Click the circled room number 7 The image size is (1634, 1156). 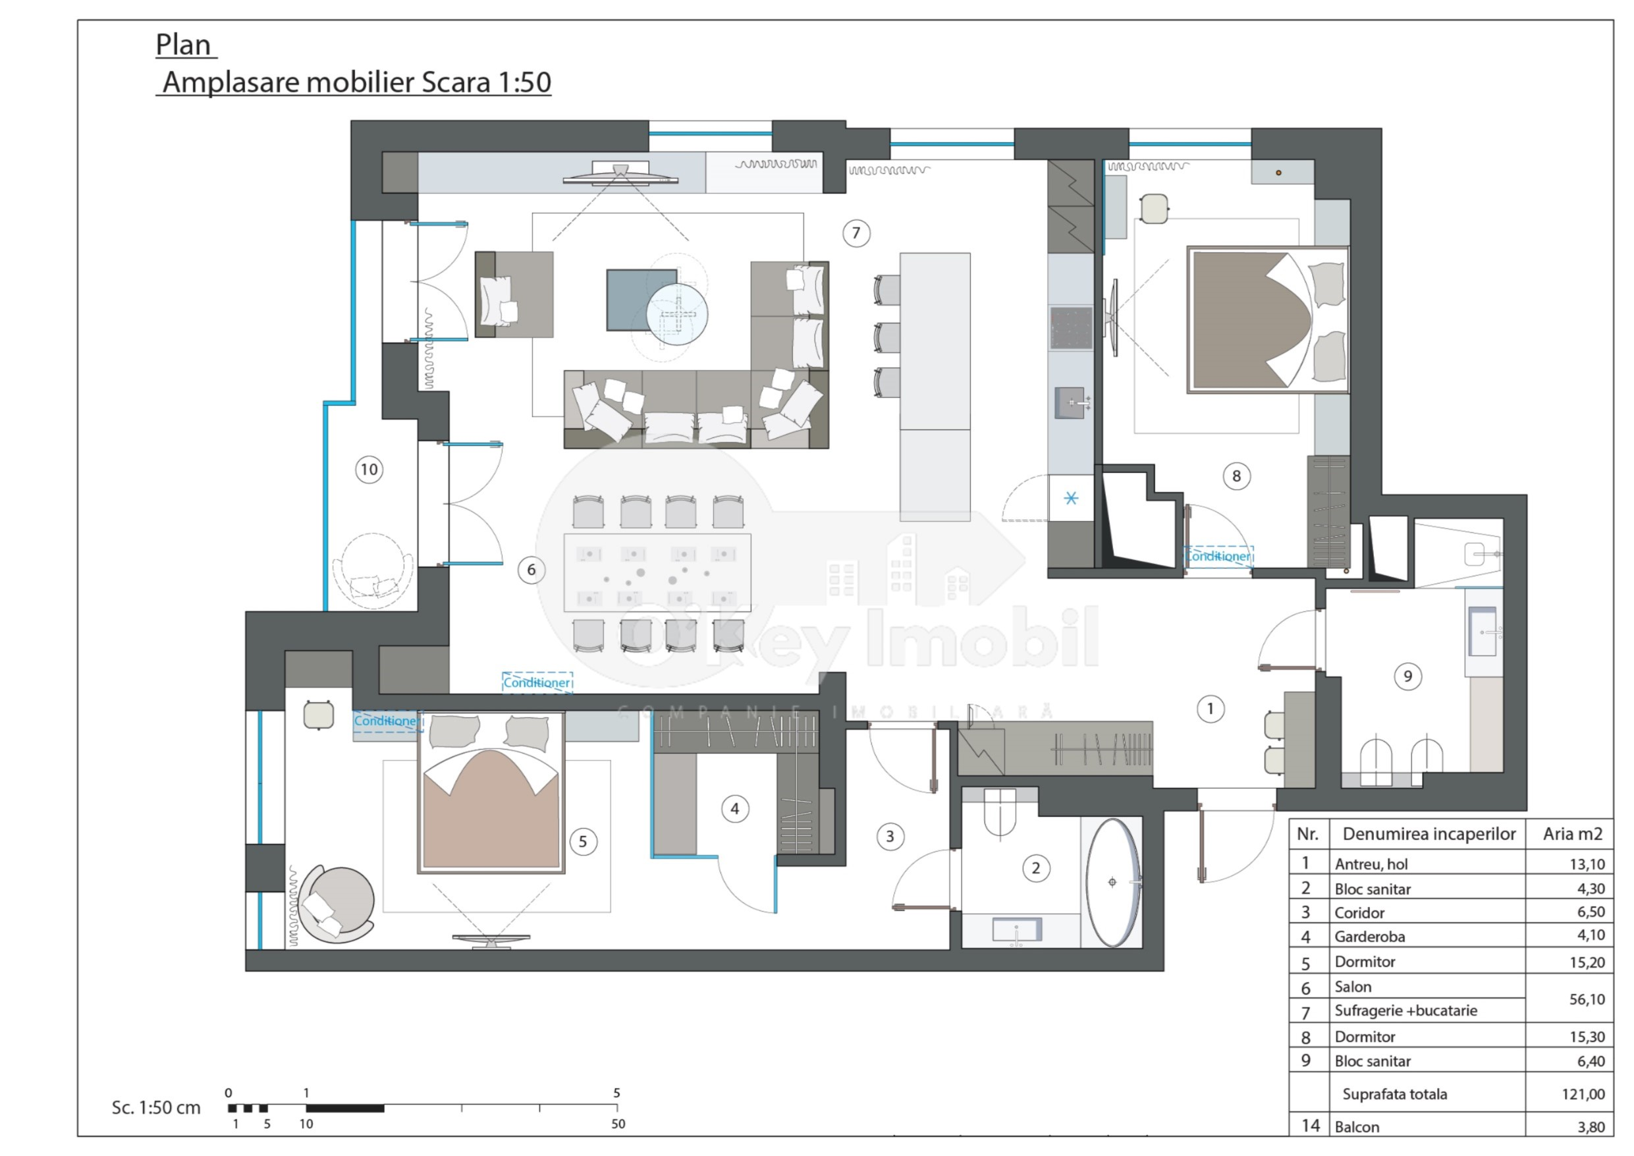(856, 233)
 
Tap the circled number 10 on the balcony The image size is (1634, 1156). (369, 469)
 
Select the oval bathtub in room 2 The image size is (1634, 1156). (1112, 883)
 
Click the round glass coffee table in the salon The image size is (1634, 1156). (677, 314)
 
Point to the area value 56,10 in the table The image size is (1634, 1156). (1587, 999)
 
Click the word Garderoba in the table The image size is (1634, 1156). (1364, 937)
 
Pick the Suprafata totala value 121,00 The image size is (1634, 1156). (1583, 1094)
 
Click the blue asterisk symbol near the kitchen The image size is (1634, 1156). (1070, 498)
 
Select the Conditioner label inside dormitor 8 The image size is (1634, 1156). (1218, 556)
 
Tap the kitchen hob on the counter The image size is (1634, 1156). (1070, 328)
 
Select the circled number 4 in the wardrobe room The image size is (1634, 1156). (734, 809)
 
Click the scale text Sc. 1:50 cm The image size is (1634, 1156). (156, 1108)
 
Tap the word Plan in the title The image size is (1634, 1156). (183, 45)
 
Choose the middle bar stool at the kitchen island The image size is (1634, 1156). (886, 337)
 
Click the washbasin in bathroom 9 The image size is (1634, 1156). (1483, 632)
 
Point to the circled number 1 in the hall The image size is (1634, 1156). (1210, 708)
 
